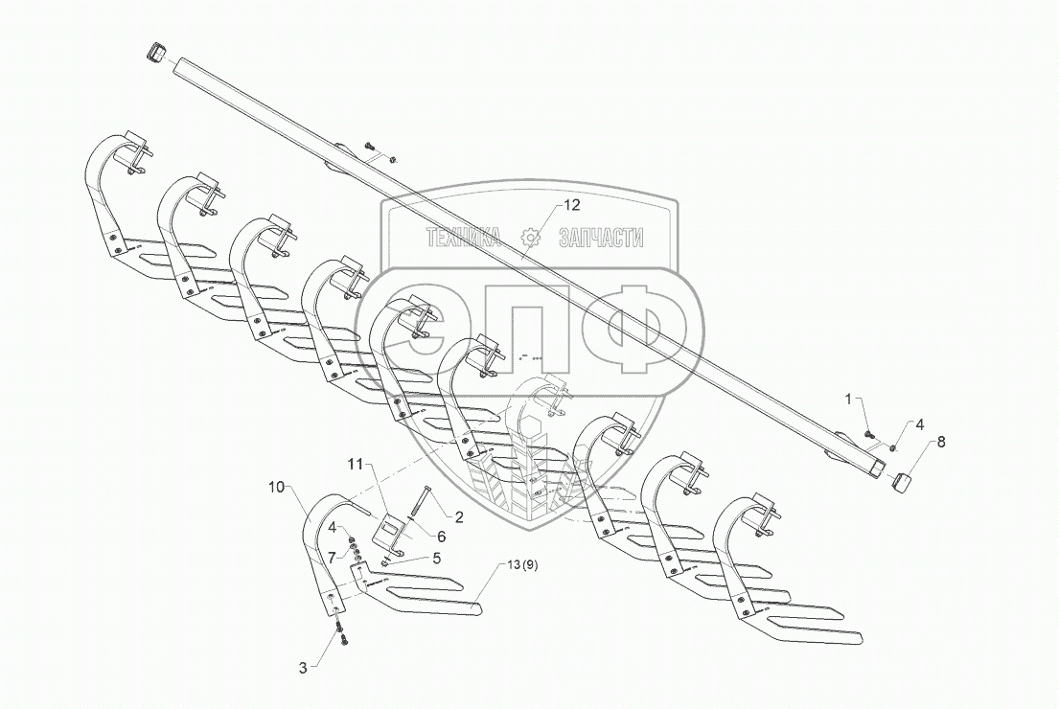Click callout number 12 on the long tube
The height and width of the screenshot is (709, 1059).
click(571, 205)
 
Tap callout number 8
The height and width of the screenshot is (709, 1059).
click(940, 442)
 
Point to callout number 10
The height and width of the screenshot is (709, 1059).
click(277, 488)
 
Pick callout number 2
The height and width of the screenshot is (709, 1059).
click(459, 516)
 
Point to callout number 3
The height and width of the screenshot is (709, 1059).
click(303, 668)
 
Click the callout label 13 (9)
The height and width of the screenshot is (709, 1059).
click(518, 564)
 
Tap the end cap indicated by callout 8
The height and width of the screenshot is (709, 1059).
click(904, 480)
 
